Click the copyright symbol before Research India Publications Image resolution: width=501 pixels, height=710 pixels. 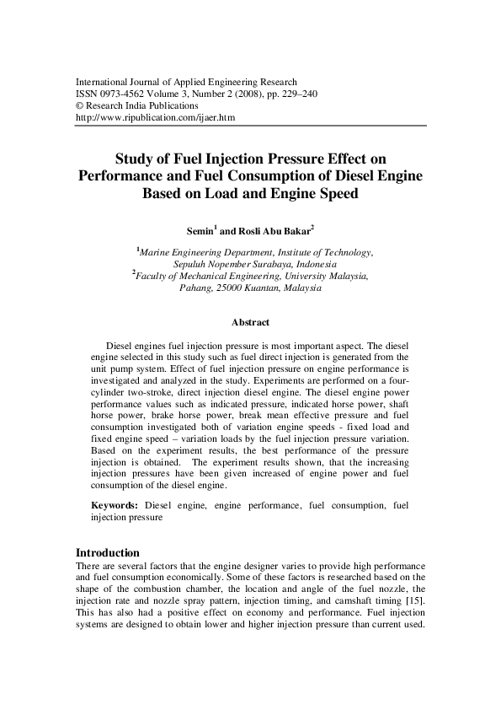[x=79, y=106]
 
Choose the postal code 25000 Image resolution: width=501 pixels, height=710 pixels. [x=226, y=287]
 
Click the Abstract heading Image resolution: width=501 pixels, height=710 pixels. [x=250, y=322]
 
